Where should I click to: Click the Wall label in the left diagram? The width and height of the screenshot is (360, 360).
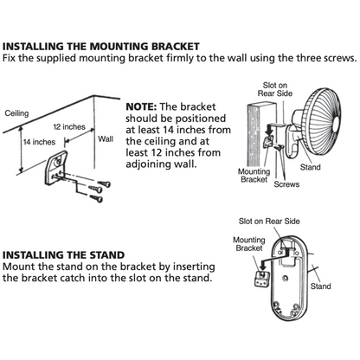point(106,138)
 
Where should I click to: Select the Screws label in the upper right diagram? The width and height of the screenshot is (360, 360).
point(287,183)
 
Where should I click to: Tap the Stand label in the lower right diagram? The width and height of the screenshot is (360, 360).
point(320,285)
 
